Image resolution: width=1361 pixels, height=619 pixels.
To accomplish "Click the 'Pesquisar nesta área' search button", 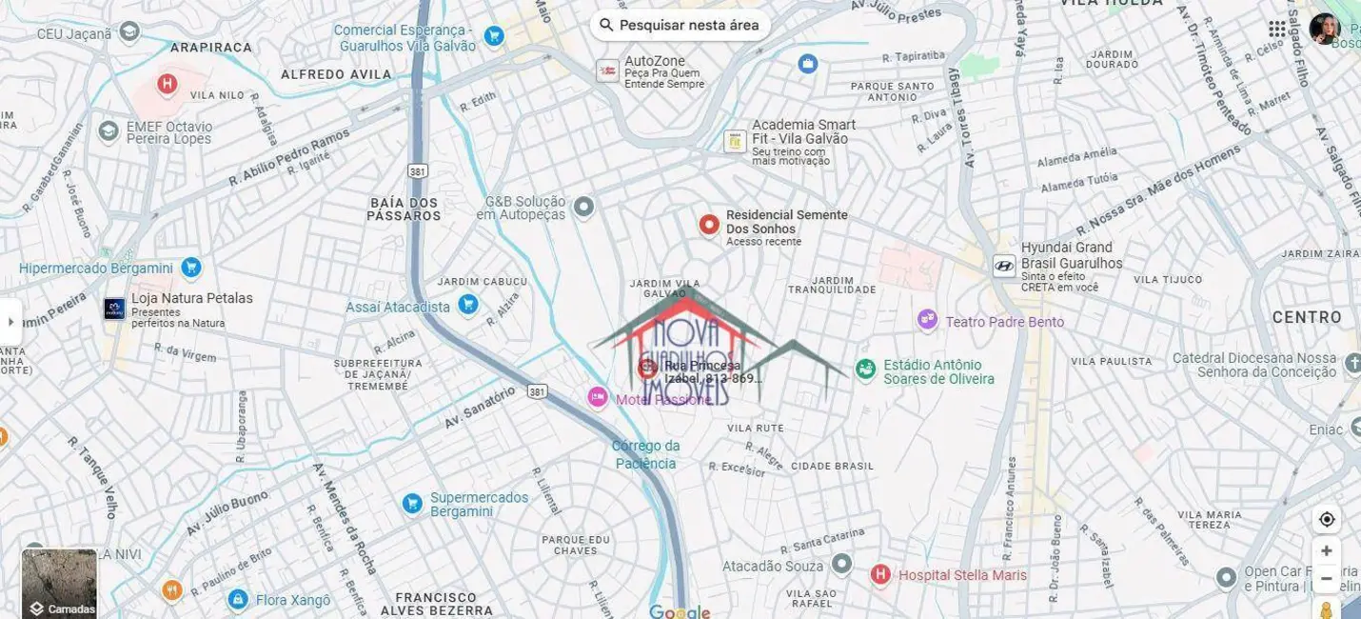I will click(680, 25).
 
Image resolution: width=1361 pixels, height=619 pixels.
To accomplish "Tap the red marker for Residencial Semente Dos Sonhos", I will click(708, 225).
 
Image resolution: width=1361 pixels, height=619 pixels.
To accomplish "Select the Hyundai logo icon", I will click(1003, 266).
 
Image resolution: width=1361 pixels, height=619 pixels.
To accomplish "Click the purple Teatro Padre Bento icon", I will click(927, 321).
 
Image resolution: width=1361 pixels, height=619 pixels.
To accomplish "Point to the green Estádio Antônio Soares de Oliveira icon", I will click(865, 369).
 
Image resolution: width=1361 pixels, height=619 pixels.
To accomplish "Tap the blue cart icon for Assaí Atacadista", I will click(467, 305).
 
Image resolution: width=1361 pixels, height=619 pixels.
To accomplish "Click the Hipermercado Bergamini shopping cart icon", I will click(191, 268).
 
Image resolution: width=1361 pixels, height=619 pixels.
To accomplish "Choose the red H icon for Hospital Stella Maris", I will click(880, 574).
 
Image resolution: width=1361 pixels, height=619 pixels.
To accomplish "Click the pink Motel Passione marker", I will click(597, 397).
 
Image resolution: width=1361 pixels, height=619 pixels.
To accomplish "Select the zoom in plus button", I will click(1327, 550).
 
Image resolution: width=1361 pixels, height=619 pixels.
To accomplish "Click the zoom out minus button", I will click(1327, 578).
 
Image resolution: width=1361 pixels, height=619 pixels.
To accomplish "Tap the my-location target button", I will click(1327, 519).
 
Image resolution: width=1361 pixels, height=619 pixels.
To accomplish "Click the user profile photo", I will click(1324, 29).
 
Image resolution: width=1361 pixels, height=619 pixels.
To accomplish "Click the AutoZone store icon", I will click(607, 70).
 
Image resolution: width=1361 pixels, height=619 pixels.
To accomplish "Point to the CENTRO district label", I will click(1307, 317).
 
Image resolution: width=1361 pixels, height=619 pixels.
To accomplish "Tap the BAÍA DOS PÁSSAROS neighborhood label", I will click(404, 209).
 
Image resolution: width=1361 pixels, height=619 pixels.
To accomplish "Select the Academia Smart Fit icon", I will click(735, 141).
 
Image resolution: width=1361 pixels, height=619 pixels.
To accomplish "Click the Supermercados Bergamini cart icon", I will click(412, 503).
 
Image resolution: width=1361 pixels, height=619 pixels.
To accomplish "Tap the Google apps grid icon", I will click(1277, 29).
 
